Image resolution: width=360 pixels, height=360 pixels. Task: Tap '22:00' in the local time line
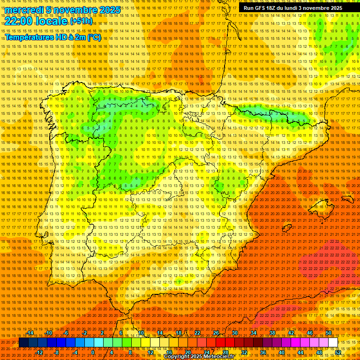tap(19, 21)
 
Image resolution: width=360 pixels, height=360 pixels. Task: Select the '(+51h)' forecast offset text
tap(81, 21)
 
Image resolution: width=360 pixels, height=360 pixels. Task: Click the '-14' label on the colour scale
tap(30, 333)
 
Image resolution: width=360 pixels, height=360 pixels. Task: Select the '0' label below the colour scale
tap(93, 352)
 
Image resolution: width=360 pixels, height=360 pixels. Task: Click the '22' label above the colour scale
tap(197, 333)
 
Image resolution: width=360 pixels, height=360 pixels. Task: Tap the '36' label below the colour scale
tap(262, 352)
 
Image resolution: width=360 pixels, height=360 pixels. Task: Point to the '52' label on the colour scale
tap(337, 352)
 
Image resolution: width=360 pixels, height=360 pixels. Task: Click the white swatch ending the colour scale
tap(333, 343)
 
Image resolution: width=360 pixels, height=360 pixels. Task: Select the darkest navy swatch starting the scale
tap(23, 343)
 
